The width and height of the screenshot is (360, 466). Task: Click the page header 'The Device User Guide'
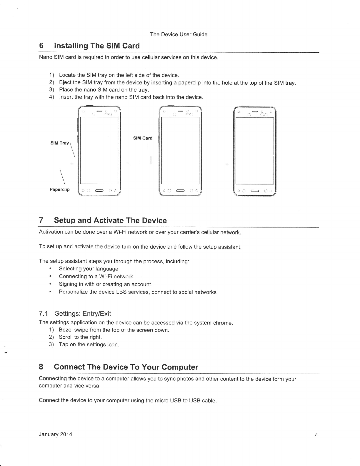coord(179,34)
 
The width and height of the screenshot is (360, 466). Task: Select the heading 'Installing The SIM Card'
coord(96,46)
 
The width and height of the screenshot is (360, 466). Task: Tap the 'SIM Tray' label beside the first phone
coord(60,143)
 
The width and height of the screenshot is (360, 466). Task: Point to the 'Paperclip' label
coord(60,189)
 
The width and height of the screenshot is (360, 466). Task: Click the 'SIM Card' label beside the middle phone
coord(143,138)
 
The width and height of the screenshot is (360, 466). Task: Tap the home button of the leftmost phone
coord(99,192)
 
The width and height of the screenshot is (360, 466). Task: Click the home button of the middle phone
coord(180,192)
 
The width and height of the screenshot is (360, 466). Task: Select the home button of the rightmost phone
coord(254,192)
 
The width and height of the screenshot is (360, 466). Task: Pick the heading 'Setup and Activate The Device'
coord(110,221)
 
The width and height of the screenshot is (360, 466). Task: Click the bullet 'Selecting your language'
coord(89,269)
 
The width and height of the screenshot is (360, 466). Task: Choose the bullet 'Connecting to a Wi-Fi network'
coord(96,277)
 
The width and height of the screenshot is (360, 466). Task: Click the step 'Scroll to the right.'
coord(80,337)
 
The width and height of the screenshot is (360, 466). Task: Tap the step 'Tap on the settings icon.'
coord(89,344)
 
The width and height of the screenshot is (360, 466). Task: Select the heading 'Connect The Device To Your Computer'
coord(126,367)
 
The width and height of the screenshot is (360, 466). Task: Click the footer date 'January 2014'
coord(55,435)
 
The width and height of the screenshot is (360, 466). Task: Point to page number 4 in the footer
coord(316,435)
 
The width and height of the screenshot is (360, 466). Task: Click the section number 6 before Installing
coord(41,46)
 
